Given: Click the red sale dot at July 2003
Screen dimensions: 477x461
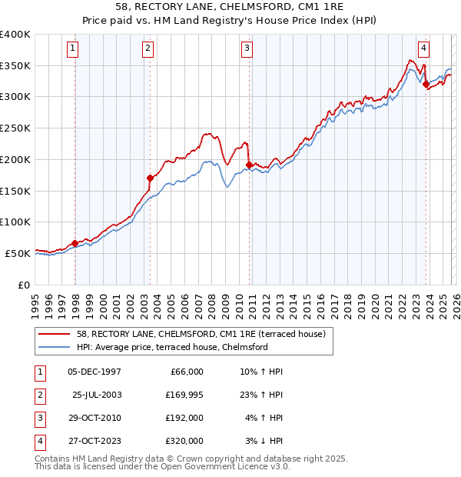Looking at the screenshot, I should pyautogui.click(x=151, y=178).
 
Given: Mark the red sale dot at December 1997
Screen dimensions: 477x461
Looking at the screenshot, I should pyautogui.click(x=75, y=243).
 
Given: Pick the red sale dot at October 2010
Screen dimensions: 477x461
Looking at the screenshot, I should pyautogui.click(x=249, y=164).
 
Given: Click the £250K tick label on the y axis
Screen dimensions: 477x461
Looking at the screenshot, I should pyautogui.click(x=15, y=128).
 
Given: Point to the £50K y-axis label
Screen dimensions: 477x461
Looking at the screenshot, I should pyautogui.click(x=18, y=252).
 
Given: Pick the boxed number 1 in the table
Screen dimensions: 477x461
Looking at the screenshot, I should pyautogui.click(x=39, y=370).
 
